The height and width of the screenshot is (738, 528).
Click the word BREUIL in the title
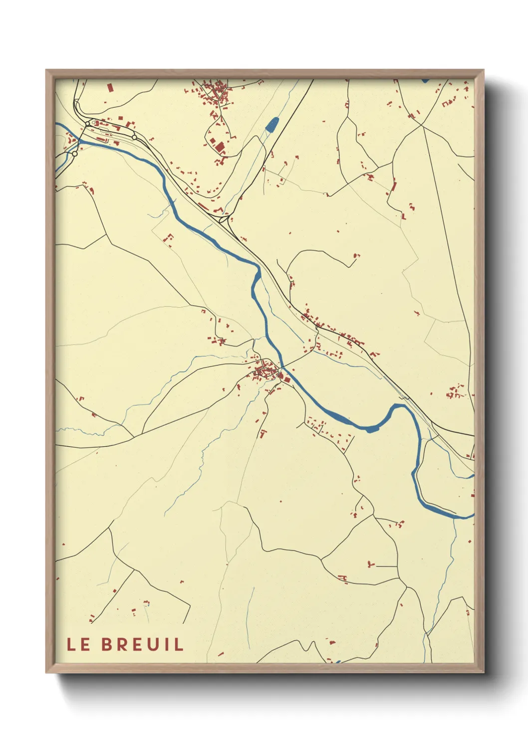[143, 644]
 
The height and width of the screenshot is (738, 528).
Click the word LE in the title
[79, 644]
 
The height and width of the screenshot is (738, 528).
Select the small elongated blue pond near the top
[272, 124]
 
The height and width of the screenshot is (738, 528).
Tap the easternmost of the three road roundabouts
[134, 137]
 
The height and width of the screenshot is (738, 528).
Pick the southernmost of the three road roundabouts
[75, 154]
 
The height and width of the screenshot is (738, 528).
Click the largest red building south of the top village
[220, 146]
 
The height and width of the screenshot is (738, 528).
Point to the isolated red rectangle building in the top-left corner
[110, 88]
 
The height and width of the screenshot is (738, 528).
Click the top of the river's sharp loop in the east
[399, 406]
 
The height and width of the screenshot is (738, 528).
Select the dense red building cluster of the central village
[264, 370]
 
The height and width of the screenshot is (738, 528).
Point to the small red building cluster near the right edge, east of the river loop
[455, 392]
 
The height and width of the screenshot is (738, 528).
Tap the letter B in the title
[106, 644]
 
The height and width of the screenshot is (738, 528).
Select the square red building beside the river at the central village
[286, 380]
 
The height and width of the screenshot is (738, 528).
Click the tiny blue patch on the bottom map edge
[338, 662]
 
